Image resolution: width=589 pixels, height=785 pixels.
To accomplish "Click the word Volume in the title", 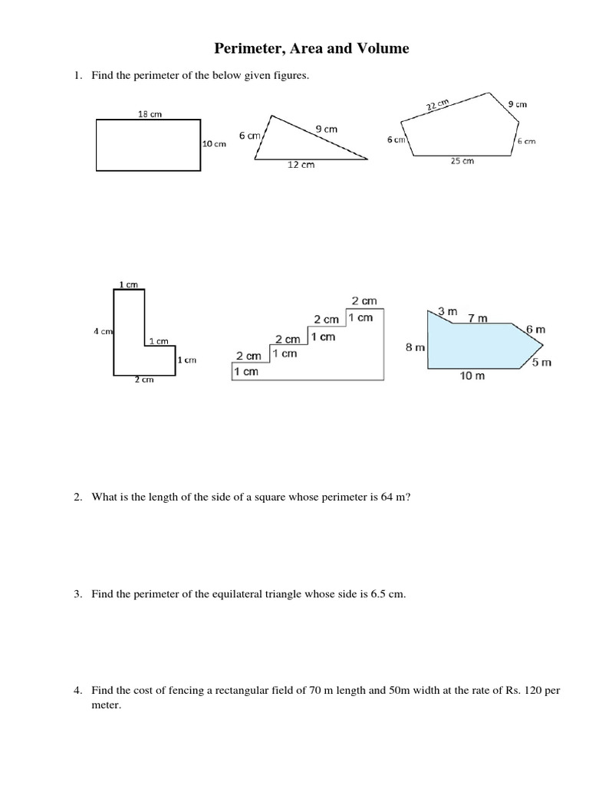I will click(x=381, y=49).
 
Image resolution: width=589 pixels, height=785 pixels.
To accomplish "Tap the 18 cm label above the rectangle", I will click(x=150, y=113).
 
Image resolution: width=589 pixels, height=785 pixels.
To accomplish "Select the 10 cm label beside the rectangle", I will click(x=215, y=144).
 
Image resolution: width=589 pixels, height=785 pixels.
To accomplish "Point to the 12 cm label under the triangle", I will click(x=301, y=165).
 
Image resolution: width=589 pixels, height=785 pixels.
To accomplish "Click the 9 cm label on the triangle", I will click(x=326, y=130).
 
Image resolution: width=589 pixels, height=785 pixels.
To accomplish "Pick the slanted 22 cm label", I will click(x=437, y=105).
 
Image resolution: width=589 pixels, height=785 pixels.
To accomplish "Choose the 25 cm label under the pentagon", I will click(x=462, y=161).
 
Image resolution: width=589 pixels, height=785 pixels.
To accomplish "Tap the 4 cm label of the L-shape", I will click(x=103, y=332).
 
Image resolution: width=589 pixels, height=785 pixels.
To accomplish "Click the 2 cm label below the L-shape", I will click(x=144, y=379).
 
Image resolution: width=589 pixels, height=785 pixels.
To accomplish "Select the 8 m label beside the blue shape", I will click(x=415, y=347).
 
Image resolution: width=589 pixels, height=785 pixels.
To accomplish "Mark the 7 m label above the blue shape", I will click(x=477, y=318).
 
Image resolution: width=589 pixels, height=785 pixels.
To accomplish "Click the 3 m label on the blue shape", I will click(x=447, y=311).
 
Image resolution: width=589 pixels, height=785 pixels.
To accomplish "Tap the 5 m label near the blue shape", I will click(x=541, y=363).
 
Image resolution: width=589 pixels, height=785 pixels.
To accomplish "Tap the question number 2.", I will click(x=77, y=497).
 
